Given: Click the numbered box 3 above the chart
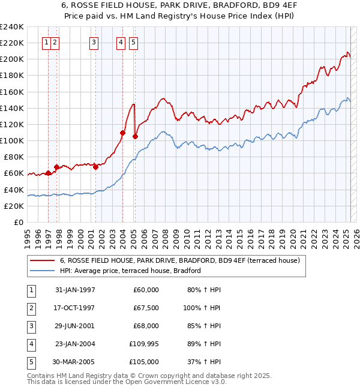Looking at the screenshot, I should click(x=94, y=42).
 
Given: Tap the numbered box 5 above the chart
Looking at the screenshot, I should click(x=133, y=42).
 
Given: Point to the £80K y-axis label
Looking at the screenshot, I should click(x=13, y=157).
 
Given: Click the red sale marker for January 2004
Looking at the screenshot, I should click(x=122, y=133).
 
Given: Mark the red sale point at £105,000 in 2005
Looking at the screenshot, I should click(x=135, y=137).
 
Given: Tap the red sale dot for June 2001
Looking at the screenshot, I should click(x=96, y=167).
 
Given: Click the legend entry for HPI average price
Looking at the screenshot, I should click(x=130, y=271).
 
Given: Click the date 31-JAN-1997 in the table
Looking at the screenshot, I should click(x=75, y=290).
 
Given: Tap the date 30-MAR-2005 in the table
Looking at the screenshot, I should click(x=74, y=362).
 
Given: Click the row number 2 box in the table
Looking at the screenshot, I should click(x=31, y=308).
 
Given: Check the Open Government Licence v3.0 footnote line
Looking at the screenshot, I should click(x=127, y=381).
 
